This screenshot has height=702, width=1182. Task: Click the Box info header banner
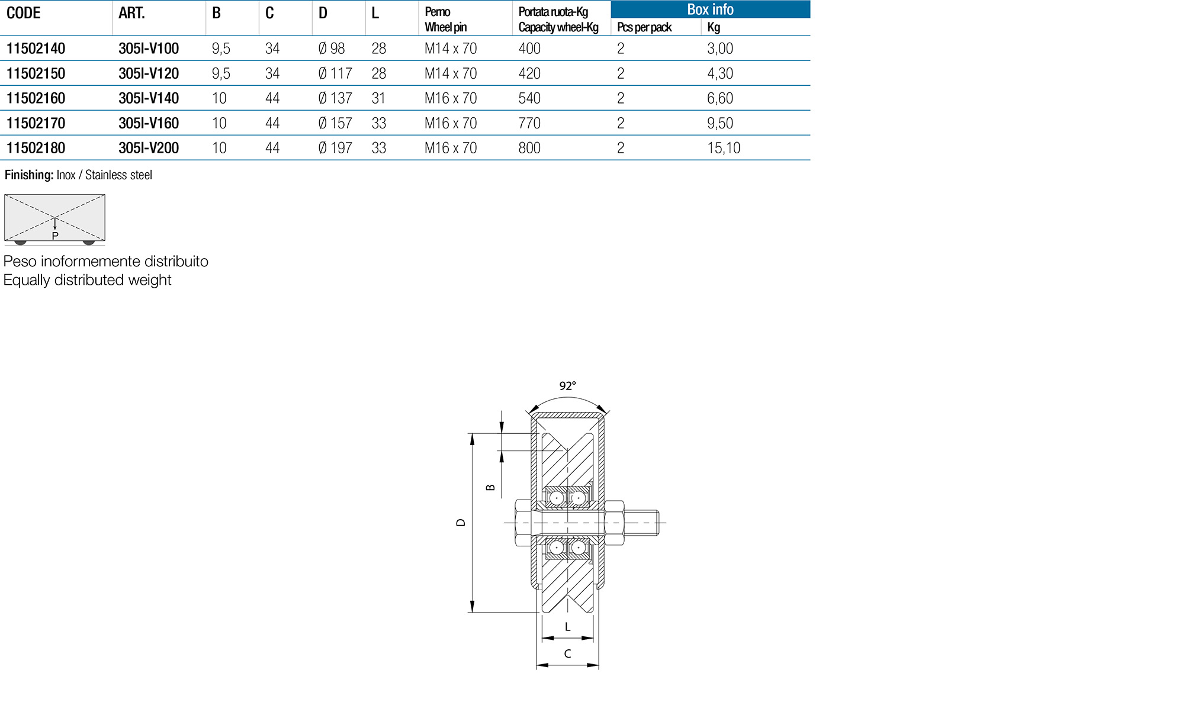pos(709,9)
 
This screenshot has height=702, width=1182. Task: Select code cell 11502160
pos(36,98)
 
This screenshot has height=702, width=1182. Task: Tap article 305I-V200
pos(149,148)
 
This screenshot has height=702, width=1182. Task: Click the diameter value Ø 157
pos(335,123)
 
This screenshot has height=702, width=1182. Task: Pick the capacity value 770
pos(529,123)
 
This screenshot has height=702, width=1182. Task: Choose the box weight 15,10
pos(723,148)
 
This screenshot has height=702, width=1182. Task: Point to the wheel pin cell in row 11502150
pos(450,73)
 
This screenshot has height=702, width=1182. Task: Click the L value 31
pos(378,98)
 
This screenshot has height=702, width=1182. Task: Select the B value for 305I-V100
pos(221,49)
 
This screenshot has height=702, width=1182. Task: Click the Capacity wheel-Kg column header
pos(558,27)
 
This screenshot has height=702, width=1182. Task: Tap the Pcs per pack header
pos(644,27)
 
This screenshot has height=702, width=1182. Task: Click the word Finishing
pos(28,175)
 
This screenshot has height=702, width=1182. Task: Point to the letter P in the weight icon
pos(55,236)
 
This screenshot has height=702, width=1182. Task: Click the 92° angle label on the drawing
pos(567,386)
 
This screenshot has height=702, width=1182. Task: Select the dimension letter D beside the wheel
pos(461,523)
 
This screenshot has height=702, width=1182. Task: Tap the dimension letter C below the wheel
pos(567,653)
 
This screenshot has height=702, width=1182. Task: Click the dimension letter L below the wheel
pos(567,627)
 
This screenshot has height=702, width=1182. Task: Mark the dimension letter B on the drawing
pos(490,488)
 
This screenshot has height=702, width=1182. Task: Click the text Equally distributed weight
pos(87,280)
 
